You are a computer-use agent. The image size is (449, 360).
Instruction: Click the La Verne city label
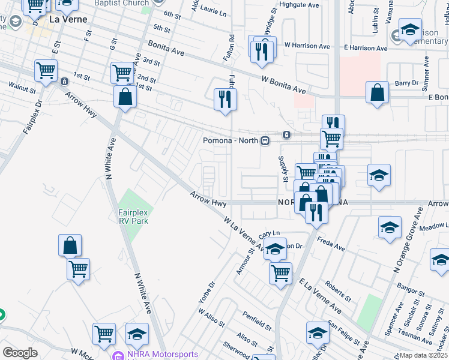[x=68, y=19]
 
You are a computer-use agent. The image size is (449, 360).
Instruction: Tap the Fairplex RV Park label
[x=133, y=217]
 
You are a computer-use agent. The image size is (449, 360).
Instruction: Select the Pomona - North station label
[x=230, y=140]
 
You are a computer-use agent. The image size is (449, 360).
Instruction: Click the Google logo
[x=20, y=353]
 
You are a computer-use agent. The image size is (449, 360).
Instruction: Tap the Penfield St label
[x=258, y=319]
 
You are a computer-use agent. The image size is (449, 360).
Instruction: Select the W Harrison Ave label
[x=307, y=46]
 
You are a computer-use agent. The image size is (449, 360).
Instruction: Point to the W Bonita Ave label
[x=283, y=85]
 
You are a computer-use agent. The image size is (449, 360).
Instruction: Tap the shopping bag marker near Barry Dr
[x=377, y=93]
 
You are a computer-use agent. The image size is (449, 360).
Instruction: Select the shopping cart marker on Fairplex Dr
[x=46, y=71]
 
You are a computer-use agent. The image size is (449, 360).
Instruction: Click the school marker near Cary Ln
[x=275, y=250]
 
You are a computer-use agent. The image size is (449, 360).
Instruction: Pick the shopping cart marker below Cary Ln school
[x=280, y=274]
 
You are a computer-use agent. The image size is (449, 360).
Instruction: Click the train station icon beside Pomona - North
[x=264, y=140]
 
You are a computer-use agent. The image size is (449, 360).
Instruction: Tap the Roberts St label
[x=338, y=289]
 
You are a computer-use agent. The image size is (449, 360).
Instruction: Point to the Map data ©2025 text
[x=423, y=355]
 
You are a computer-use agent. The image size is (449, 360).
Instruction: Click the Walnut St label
[x=22, y=88]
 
